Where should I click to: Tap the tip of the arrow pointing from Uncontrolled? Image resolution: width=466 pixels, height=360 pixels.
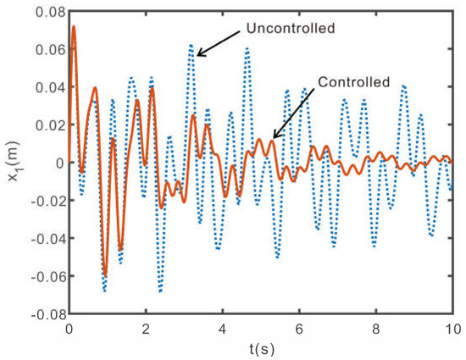[197, 56]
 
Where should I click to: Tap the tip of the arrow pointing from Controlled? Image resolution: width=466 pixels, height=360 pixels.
[273, 137]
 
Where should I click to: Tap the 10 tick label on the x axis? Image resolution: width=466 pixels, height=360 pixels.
[452, 327]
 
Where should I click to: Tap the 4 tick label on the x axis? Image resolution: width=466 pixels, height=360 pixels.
[223, 327]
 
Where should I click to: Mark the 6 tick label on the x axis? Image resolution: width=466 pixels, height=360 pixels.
[299, 327]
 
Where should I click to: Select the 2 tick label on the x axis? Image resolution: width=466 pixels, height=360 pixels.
[146, 327]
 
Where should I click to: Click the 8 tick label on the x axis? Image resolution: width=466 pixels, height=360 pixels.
[376, 327]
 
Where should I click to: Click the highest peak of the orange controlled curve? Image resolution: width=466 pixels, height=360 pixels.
[74, 27]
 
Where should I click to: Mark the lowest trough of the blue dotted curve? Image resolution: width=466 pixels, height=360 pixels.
[104, 291]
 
